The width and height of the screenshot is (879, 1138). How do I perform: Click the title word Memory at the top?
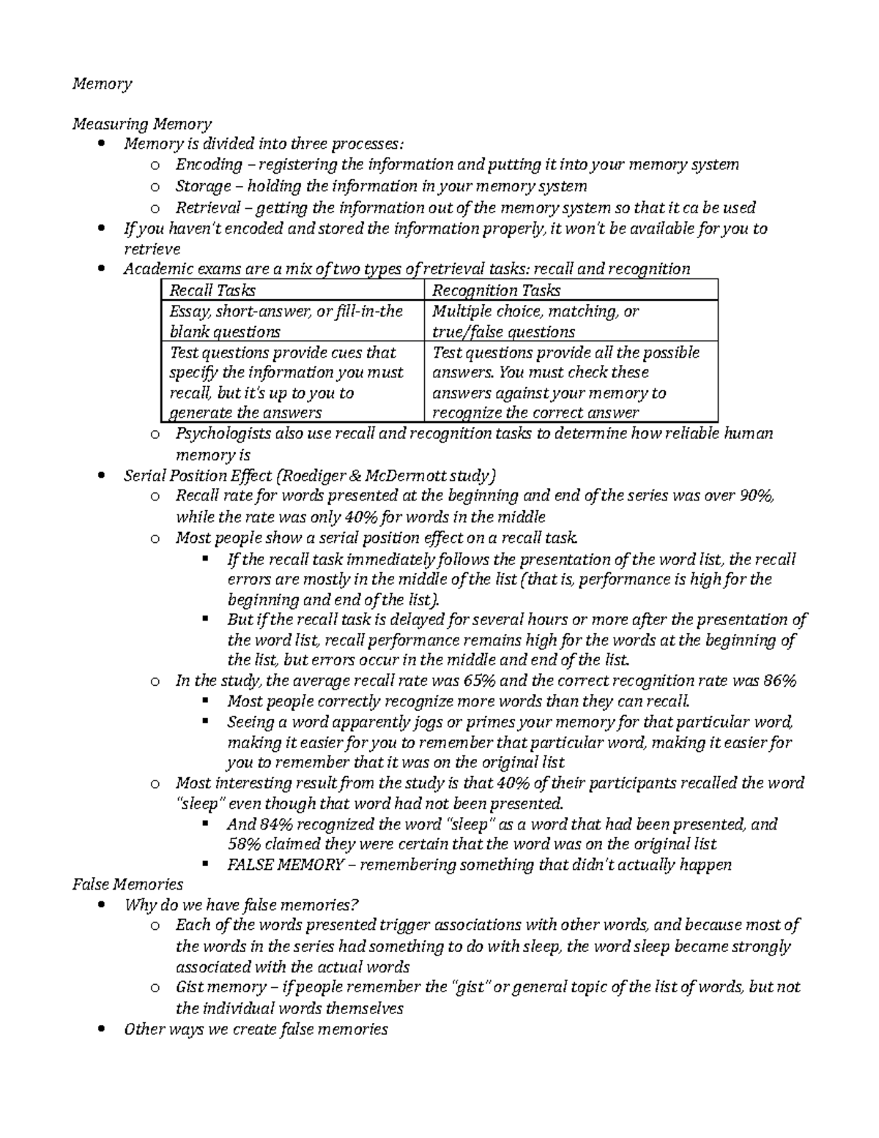point(102,84)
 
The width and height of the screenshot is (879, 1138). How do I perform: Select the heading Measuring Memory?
point(142,124)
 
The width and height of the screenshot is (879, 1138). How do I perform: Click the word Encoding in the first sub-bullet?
point(209,165)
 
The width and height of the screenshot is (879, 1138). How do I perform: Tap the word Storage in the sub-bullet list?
point(203,186)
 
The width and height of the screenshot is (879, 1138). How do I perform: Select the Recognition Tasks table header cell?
point(497,290)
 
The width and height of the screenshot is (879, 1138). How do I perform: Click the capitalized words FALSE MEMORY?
point(285,865)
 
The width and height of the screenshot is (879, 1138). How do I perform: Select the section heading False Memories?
point(127,884)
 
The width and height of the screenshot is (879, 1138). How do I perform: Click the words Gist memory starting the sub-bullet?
point(212,988)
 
